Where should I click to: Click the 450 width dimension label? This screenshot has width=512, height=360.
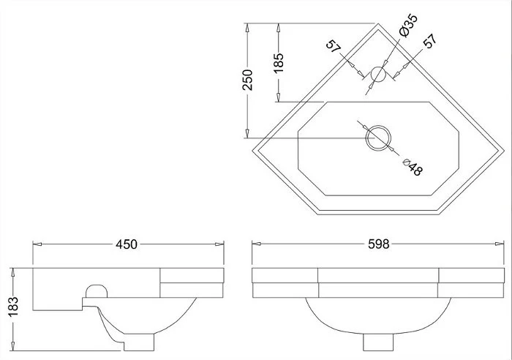click(127, 244)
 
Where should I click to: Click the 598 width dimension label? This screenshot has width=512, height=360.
click(379, 244)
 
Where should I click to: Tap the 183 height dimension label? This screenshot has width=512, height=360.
click(13, 307)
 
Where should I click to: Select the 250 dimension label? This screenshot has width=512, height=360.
click(247, 79)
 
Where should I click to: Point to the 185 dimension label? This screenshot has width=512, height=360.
click(279, 63)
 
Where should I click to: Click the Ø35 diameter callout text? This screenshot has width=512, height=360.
click(408, 26)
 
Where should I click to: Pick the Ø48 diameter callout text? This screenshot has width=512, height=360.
click(413, 167)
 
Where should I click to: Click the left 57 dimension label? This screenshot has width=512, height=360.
click(334, 46)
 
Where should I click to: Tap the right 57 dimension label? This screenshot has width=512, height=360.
click(430, 41)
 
